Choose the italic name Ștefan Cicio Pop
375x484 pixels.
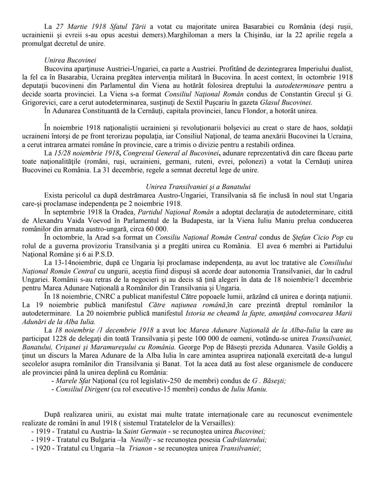[x=318, y=238]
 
